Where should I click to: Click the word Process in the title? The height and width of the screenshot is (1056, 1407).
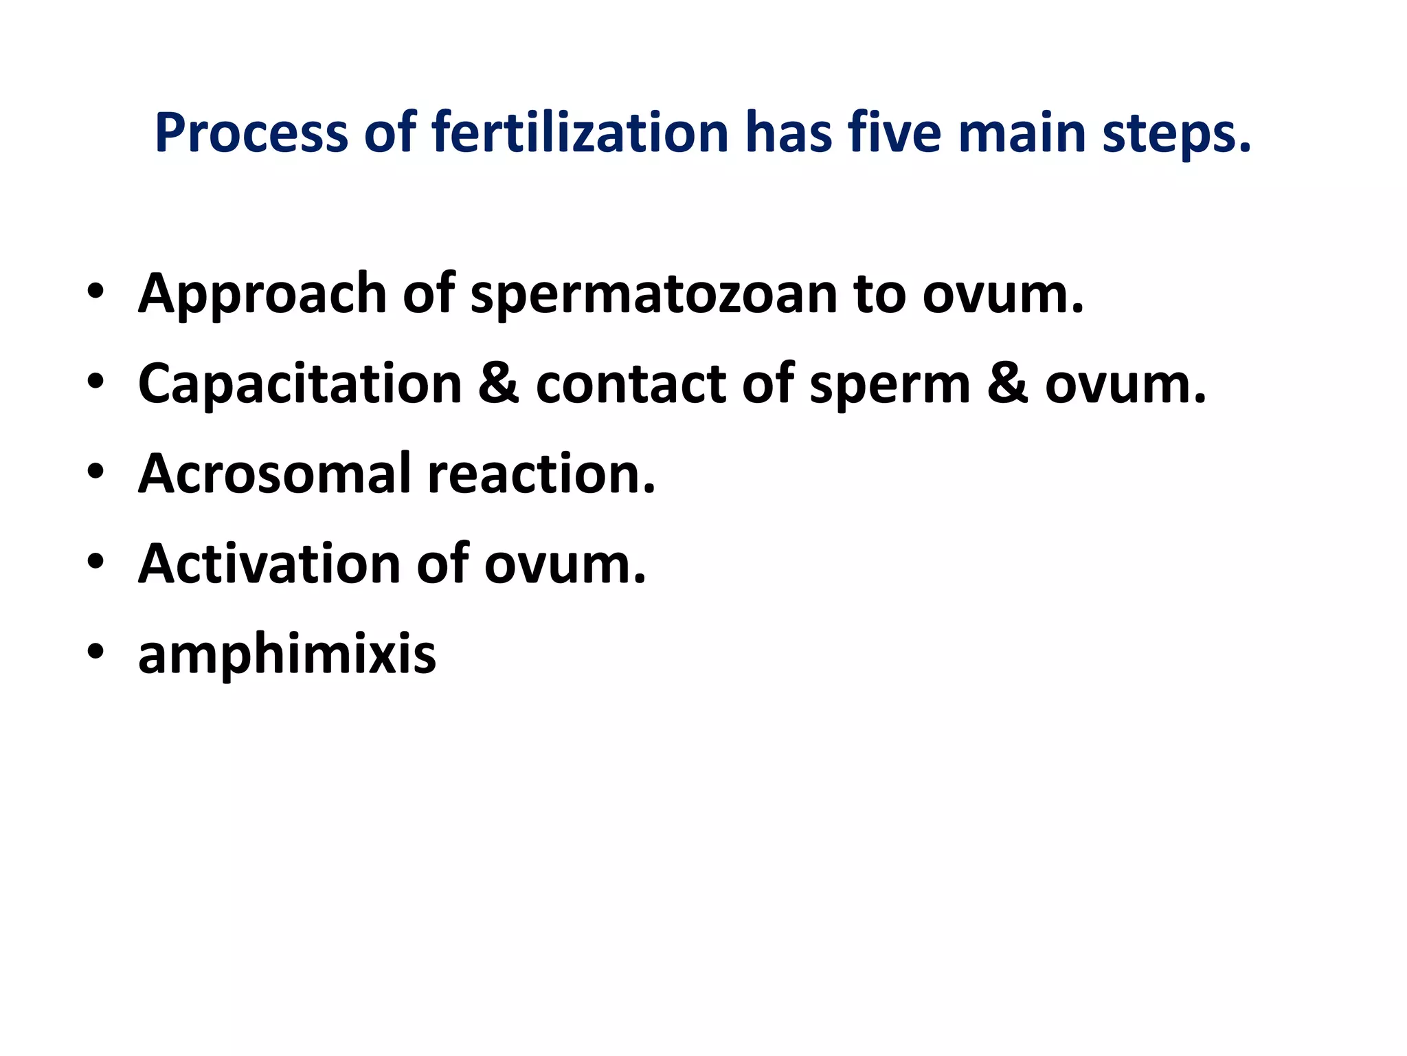(251, 133)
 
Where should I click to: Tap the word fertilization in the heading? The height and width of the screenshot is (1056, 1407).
(580, 132)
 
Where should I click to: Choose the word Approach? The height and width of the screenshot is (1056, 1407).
(262, 294)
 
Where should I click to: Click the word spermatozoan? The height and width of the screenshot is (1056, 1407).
(653, 294)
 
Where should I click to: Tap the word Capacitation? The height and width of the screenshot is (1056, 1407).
(300, 384)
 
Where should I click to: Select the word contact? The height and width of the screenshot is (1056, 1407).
(630, 384)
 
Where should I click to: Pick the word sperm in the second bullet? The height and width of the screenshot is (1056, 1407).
(890, 384)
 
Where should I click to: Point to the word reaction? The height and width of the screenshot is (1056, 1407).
(541, 474)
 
